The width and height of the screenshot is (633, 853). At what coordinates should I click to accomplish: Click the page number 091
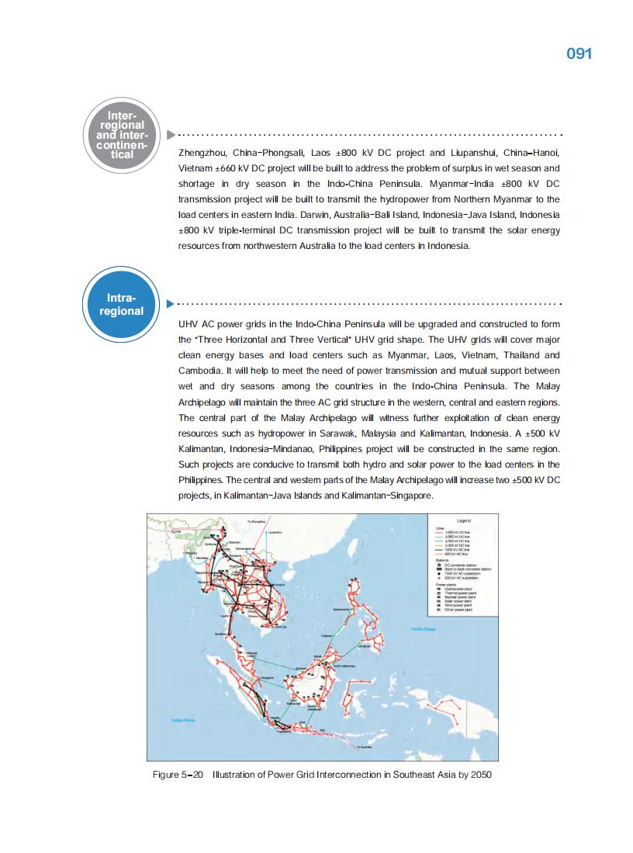[579, 54]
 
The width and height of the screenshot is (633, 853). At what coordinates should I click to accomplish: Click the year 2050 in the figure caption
[479, 775]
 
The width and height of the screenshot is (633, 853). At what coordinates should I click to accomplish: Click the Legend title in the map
[465, 520]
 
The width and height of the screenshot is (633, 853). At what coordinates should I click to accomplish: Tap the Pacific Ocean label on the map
[423, 629]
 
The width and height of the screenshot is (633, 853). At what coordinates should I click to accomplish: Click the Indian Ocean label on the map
[183, 720]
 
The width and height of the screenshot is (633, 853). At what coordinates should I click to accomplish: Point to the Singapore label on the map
[268, 677]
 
